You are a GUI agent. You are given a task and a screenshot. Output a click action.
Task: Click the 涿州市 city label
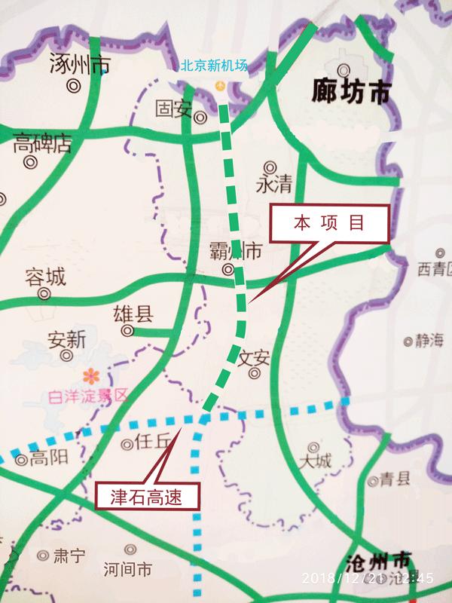click(79, 64)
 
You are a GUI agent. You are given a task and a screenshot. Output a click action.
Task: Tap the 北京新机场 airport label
click(214, 66)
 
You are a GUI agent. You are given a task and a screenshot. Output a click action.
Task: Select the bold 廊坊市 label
click(351, 92)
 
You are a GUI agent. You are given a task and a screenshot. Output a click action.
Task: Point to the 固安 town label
click(173, 109)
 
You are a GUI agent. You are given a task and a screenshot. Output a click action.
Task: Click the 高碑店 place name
click(42, 143)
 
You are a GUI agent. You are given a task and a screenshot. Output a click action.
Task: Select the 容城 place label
click(45, 277)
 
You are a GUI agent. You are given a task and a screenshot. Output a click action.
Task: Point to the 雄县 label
click(133, 314)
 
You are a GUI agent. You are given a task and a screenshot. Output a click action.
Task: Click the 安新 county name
click(66, 339)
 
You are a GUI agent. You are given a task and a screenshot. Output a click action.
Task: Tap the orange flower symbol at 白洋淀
click(91, 374)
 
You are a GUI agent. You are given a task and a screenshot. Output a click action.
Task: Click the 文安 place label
click(253, 357)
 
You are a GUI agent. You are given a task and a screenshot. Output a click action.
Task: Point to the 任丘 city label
click(151, 443)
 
